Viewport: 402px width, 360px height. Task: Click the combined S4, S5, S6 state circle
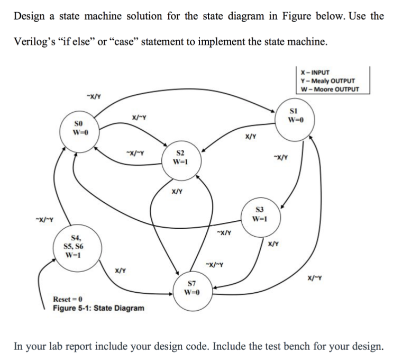coord(72,246)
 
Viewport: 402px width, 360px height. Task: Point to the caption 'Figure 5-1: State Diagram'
coord(98,308)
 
